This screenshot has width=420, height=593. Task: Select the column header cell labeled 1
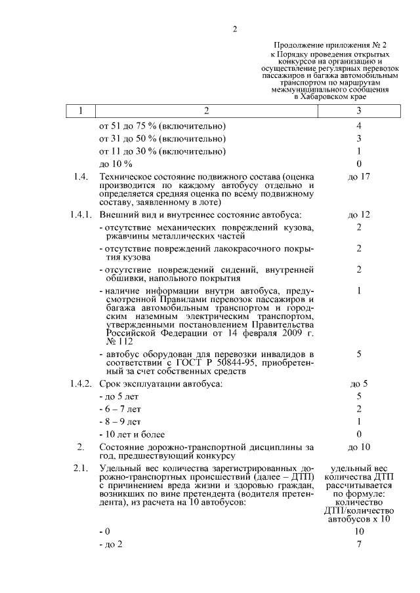[80, 111]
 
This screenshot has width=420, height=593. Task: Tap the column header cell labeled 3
[359, 111]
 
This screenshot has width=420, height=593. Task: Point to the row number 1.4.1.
[80, 214]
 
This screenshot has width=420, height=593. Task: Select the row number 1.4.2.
[80, 383]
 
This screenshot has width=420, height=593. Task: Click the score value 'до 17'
[359, 178]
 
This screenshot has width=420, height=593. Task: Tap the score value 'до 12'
[359, 214]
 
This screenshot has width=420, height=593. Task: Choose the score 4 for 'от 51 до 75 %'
[359, 125]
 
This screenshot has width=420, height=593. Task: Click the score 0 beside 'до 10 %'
[359, 163]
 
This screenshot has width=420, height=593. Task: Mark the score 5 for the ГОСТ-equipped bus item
[359, 354]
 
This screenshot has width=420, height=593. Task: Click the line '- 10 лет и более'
[132, 434]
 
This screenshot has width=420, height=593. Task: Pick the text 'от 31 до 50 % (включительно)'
[162, 138]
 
